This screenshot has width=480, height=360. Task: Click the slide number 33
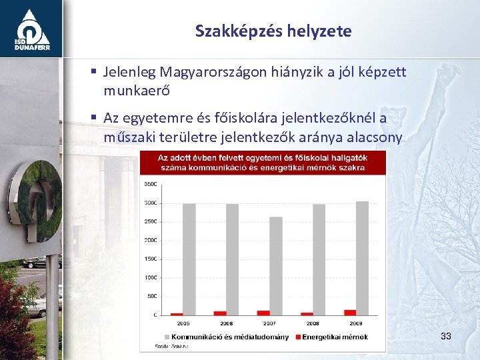pyautogui.click(x=446, y=336)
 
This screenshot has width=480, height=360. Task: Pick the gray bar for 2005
pyautogui.click(x=189, y=259)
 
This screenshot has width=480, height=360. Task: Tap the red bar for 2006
pyautogui.click(x=219, y=313)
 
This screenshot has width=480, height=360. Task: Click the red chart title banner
pyautogui.click(x=262, y=162)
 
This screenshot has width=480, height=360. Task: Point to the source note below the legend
pyautogui.click(x=163, y=346)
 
